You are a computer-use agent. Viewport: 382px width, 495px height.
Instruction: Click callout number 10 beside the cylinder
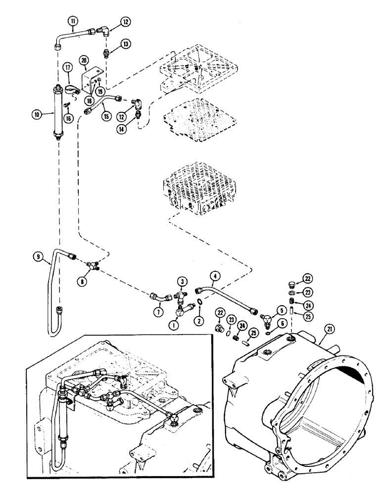coord(37,114)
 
